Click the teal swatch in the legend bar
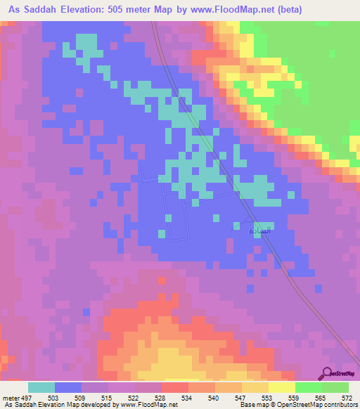tap(41, 387)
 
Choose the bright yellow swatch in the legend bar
tap(281, 387)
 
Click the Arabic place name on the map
tap(250, 230)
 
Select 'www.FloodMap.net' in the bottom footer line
tap(147, 405)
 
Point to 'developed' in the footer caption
tap(98, 405)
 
